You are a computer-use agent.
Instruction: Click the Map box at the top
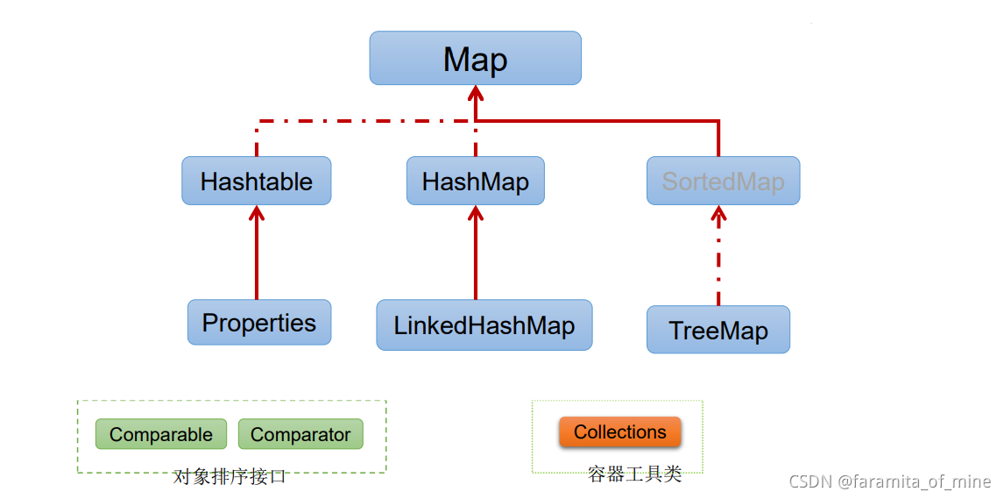pyautogui.click(x=475, y=59)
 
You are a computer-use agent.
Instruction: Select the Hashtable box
pyautogui.click(x=257, y=182)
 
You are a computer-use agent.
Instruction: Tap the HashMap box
pyautogui.click(x=475, y=182)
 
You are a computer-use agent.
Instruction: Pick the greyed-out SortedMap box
pyautogui.click(x=723, y=182)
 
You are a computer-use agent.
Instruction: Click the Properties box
pyautogui.click(x=259, y=323)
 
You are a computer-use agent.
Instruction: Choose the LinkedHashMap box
pyautogui.click(x=484, y=325)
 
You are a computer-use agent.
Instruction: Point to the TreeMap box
pyautogui.click(x=718, y=331)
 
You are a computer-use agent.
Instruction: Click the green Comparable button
pyautogui.click(x=161, y=435)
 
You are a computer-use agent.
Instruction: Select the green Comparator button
pyautogui.click(x=300, y=435)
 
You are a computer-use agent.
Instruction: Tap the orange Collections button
pyautogui.click(x=620, y=432)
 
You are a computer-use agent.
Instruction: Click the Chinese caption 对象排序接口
pyautogui.click(x=230, y=477)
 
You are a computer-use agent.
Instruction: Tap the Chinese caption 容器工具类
pyautogui.click(x=634, y=474)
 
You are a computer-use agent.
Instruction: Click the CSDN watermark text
pyautogui.click(x=890, y=481)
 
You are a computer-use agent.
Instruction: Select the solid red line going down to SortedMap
pyautogui.click(x=718, y=139)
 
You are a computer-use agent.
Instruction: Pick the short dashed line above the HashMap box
pyautogui.click(x=476, y=140)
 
